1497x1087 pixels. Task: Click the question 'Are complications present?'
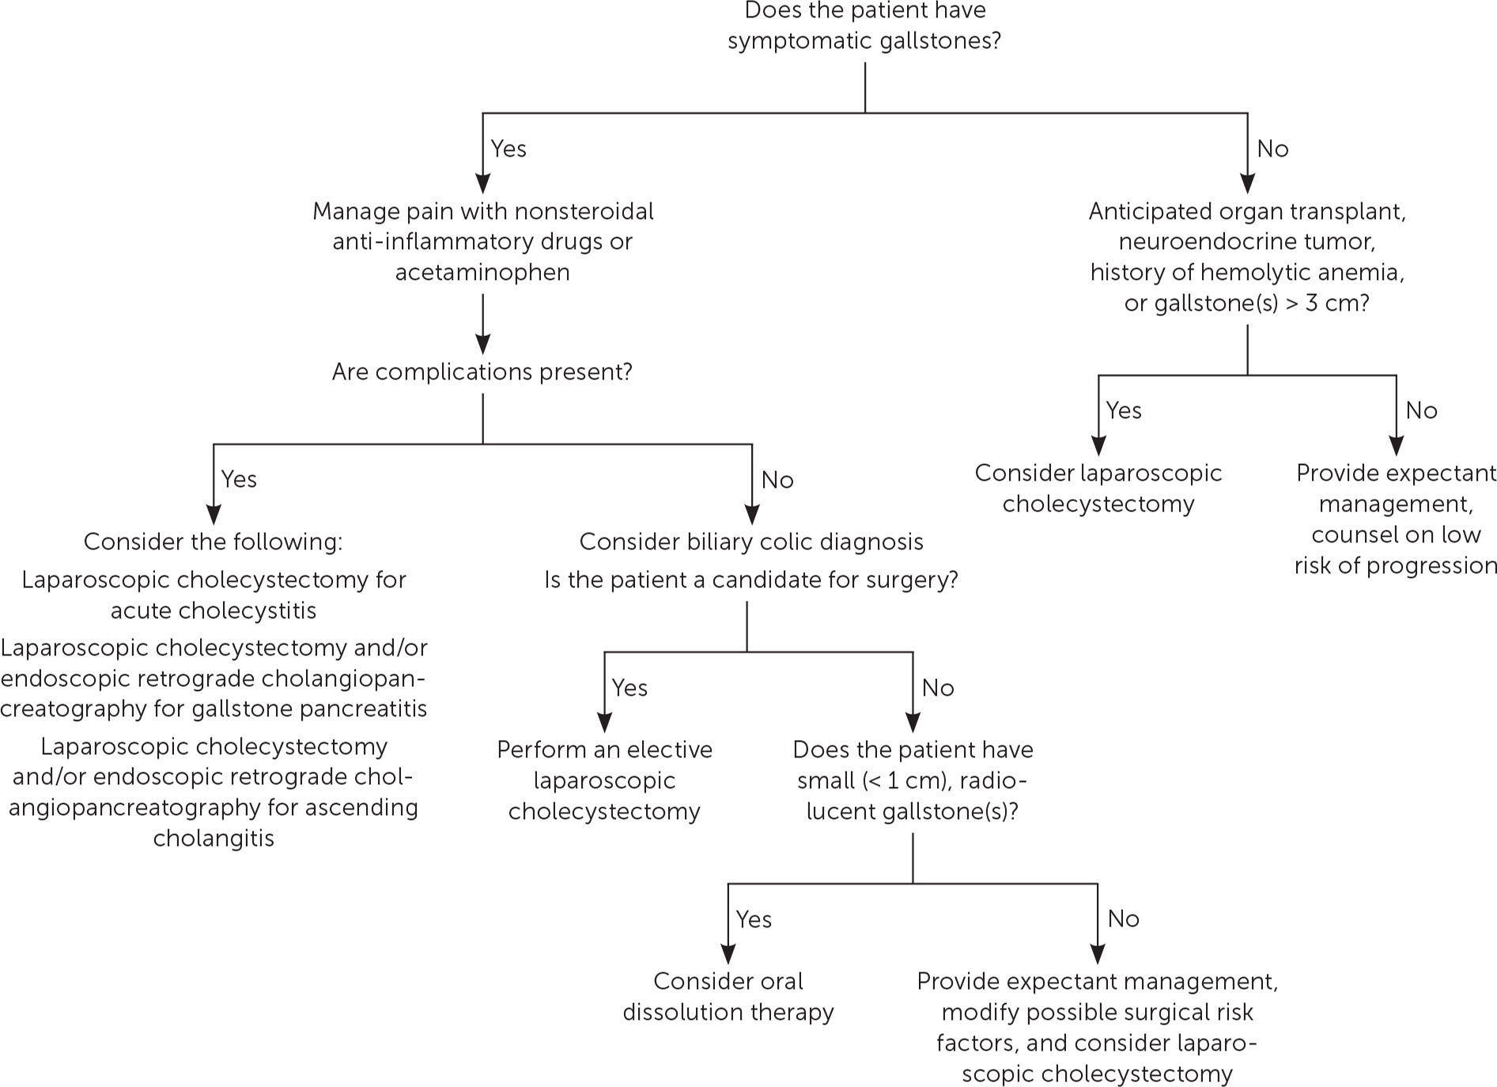pos(482,372)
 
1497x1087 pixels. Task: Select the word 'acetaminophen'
pos(482,272)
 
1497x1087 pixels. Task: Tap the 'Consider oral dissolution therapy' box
pos(728,996)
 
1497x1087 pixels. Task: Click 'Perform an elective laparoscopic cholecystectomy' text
pos(604,780)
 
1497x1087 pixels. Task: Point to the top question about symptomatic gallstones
pos(864,25)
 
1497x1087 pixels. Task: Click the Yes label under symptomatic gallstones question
pos(508,149)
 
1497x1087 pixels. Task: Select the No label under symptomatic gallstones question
pos(1272,149)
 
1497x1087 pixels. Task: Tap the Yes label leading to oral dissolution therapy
pos(754,919)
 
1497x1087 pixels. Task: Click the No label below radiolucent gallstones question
pos(1123,919)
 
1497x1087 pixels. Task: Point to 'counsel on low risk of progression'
pos(1395,550)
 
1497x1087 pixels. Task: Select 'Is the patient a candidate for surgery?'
pos(750,579)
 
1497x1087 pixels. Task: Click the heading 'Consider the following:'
pos(214,542)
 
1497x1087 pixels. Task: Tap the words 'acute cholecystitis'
pos(214,610)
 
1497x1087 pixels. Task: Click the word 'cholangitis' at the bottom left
pos(214,838)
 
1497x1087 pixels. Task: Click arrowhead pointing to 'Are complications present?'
pos(482,345)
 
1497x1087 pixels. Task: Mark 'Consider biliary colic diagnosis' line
pos(750,542)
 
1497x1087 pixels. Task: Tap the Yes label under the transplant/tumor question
pos(1123,410)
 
